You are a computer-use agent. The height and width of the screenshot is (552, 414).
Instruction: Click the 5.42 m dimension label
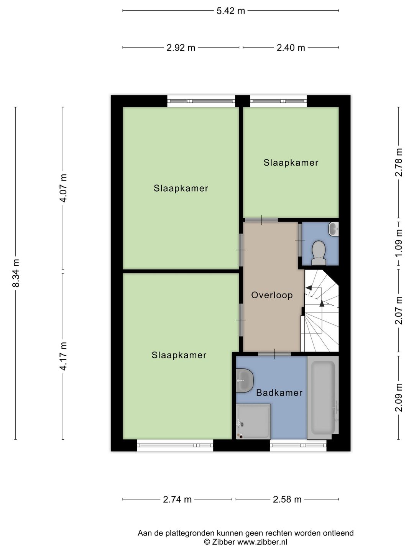pos(230,11)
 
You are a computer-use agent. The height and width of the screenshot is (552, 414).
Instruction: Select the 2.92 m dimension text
pos(181,48)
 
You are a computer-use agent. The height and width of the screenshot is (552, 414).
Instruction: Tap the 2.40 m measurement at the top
pos(291,48)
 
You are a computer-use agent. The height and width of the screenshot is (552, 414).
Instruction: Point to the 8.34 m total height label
pos(16,273)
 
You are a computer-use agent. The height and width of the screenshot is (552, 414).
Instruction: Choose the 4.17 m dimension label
pos(63,356)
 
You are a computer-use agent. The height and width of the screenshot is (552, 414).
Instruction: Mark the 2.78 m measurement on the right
pos(399,162)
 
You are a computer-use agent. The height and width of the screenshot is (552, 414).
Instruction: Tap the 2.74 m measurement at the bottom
pos(177,499)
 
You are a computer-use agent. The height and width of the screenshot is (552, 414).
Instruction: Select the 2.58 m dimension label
pos(287,499)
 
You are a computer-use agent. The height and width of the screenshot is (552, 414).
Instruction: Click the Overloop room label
pos(272,295)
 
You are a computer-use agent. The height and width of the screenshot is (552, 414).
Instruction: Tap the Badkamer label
pos(279,393)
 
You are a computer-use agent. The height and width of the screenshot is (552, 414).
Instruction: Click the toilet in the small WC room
pos(319,253)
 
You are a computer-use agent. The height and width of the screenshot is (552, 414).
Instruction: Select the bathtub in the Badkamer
pos(323,397)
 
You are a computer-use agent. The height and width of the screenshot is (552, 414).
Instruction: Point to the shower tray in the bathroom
pos(253,421)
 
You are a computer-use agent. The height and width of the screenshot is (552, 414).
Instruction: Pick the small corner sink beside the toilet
pos(334,229)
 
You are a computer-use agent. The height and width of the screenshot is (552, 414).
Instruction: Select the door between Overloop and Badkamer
pos(274,354)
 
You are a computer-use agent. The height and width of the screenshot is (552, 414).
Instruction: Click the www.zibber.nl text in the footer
pos(262,542)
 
